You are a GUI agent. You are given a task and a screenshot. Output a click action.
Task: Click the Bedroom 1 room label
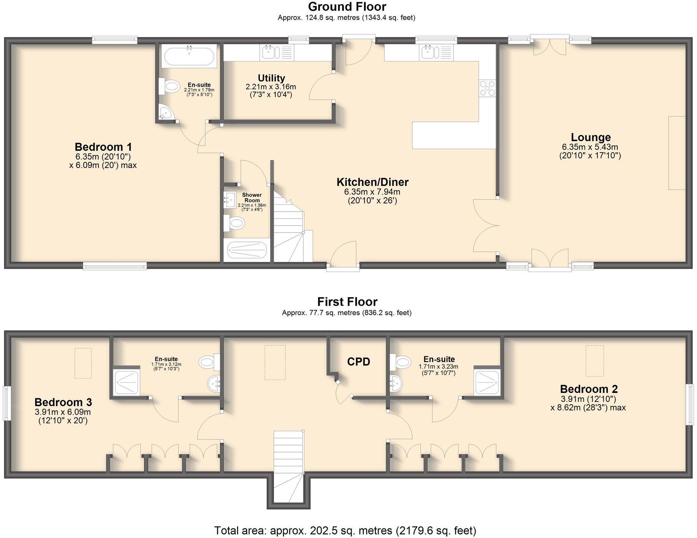103,147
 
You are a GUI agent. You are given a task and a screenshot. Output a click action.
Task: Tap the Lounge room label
590,137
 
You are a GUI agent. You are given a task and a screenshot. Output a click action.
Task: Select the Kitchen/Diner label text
372,182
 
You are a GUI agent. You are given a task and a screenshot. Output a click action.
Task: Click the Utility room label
271,78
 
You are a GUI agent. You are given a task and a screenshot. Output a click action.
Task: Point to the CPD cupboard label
358,362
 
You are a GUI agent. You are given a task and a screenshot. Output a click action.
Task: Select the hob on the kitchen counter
487,88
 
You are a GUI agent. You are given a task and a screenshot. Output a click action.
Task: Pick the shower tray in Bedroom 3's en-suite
126,382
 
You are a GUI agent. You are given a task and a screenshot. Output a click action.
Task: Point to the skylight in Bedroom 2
595,361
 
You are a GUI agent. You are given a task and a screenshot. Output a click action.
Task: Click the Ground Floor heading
347,7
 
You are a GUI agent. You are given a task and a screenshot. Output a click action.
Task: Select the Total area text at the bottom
345,530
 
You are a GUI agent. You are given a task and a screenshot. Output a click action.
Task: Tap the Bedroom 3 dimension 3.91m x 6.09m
63,412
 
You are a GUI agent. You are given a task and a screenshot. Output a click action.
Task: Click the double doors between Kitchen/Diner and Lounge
486,225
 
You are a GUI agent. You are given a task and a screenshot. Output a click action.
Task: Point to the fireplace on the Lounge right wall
677,152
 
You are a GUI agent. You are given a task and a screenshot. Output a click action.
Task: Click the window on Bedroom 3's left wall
6,403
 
